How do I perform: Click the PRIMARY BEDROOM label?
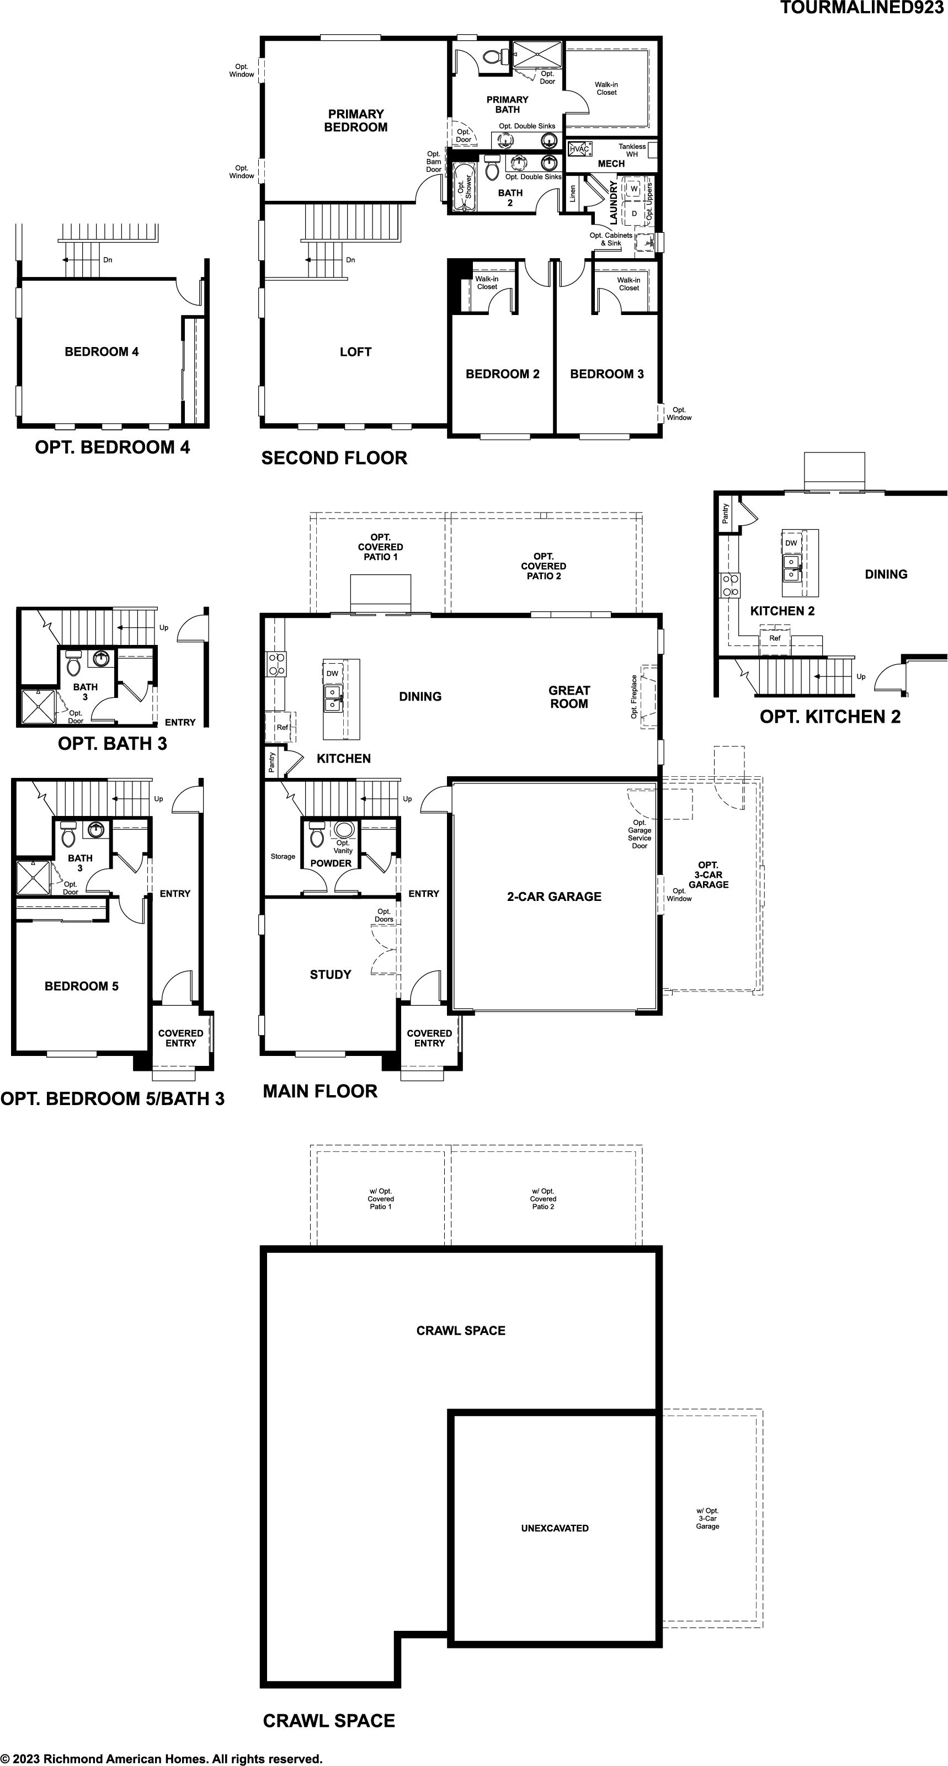(x=356, y=121)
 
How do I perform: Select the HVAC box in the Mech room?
(x=579, y=149)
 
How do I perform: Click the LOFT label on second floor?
(x=356, y=351)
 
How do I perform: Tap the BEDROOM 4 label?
(x=102, y=351)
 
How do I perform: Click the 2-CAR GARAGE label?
(x=554, y=896)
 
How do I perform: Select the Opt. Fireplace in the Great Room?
(x=648, y=697)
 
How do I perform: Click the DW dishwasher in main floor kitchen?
(x=332, y=673)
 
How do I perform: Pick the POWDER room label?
(x=331, y=863)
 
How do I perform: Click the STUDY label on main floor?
(x=331, y=974)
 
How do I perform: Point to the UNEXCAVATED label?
(x=555, y=1528)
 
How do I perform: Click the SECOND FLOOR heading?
(x=334, y=458)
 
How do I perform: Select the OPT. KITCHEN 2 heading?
(x=830, y=717)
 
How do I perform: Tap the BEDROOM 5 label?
(x=82, y=986)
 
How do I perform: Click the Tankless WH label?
(x=632, y=150)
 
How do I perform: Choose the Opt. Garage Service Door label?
(x=640, y=834)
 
